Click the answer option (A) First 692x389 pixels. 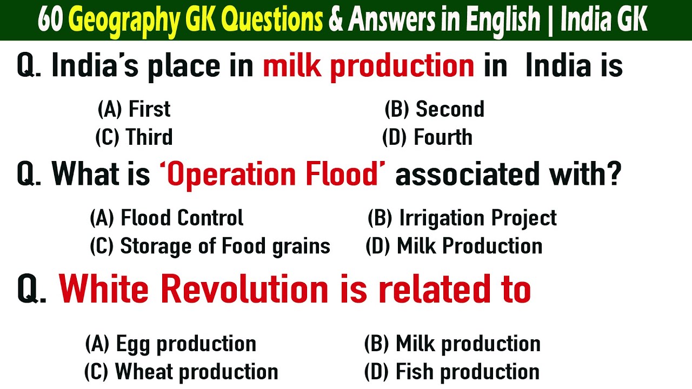[134, 109]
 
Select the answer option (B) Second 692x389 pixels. [434, 109]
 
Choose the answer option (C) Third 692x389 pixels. [134, 137]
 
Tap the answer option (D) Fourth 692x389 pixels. [427, 137]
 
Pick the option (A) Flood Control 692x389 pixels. [166, 218]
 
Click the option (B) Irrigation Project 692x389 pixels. [462, 218]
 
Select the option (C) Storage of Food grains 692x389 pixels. [210, 246]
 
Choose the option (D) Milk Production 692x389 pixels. [454, 246]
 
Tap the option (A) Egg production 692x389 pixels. [170, 344]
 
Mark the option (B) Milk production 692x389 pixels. [452, 344]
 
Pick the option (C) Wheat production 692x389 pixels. [181, 372]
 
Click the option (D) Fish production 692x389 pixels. [451, 372]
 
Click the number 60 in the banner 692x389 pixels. [51, 21]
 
